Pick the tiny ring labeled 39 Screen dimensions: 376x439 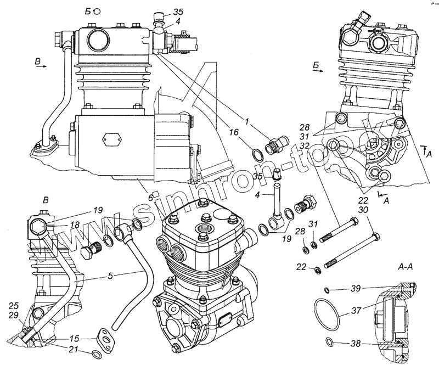pos(326,289)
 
